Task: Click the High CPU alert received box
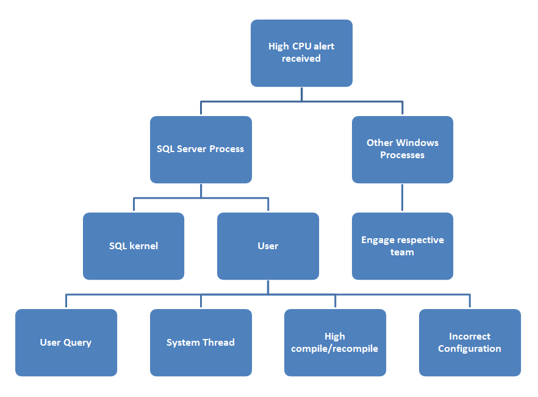tap(301, 53)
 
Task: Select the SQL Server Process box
tap(201, 150)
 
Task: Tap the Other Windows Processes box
tap(402, 150)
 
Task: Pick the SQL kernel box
tap(134, 246)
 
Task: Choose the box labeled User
tap(268, 246)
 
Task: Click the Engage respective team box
tap(402, 246)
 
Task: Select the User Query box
tap(66, 343)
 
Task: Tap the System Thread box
tap(201, 343)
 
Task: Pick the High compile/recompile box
tap(335, 343)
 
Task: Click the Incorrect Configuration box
tap(470, 343)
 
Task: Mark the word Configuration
tap(470, 349)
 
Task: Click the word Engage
tap(378, 240)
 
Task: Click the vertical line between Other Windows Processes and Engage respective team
tap(402, 198)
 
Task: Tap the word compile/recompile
tap(335, 349)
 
